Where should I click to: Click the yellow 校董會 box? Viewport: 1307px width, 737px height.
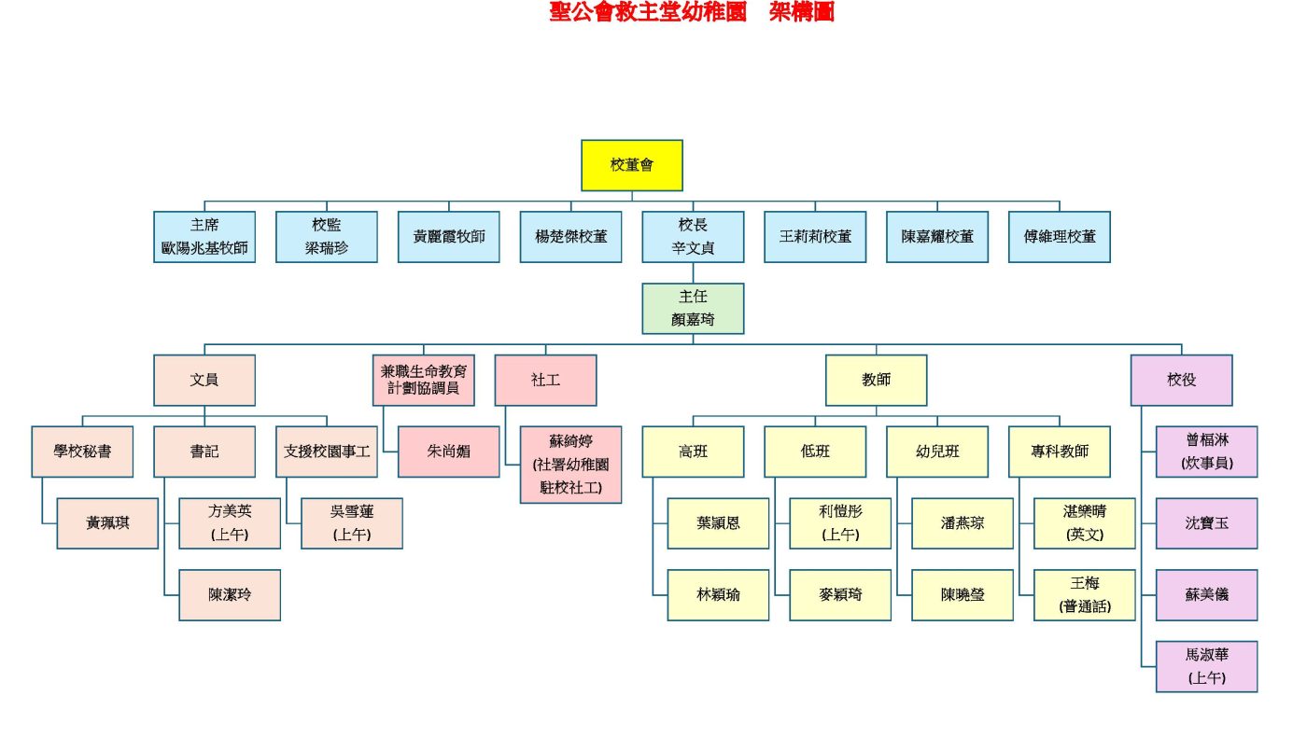[x=632, y=165]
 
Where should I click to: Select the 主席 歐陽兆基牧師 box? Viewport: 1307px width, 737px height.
[x=204, y=237]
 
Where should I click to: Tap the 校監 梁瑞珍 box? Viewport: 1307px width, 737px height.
[x=327, y=237]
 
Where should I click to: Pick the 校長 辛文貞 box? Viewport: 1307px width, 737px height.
[x=693, y=237]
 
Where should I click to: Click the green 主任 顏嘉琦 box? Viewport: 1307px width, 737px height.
[x=693, y=308]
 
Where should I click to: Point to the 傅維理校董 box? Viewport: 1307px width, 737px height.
[x=1060, y=237]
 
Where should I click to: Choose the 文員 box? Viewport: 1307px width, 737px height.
[x=204, y=380]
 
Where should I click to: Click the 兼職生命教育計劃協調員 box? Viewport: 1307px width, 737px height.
[x=424, y=380]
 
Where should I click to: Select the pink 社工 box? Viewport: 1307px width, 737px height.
[x=545, y=380]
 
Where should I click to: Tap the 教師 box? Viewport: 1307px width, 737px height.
[x=876, y=380]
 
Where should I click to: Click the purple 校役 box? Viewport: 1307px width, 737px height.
[x=1181, y=380]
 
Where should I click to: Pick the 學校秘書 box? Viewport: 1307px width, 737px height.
[x=82, y=452]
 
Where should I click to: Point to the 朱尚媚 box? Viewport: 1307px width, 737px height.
[x=449, y=452]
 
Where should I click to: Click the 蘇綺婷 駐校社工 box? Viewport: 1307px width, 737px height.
[x=570, y=465]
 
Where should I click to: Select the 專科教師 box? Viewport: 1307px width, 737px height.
[x=1060, y=452]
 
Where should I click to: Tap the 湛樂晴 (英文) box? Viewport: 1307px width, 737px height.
[x=1085, y=523]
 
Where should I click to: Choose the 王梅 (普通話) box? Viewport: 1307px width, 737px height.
[x=1085, y=595]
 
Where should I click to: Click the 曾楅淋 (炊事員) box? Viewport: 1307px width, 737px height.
[x=1206, y=452]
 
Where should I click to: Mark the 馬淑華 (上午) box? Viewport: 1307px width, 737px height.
[x=1206, y=666]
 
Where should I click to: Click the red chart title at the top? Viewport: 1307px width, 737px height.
[x=692, y=12]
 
